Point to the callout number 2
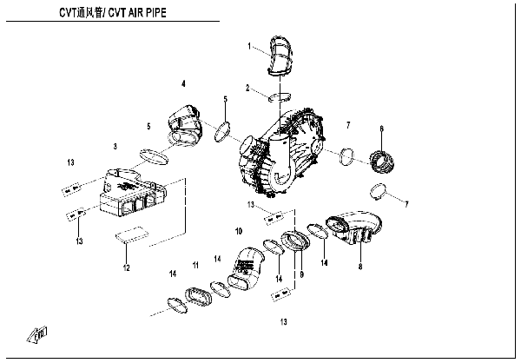coord(248,88)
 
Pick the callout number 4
coord(183,83)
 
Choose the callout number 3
coord(115,146)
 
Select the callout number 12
coord(125,267)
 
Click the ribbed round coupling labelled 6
coord(382,162)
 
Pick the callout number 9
coord(301,275)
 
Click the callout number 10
coord(238,231)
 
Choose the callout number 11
coord(197,263)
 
